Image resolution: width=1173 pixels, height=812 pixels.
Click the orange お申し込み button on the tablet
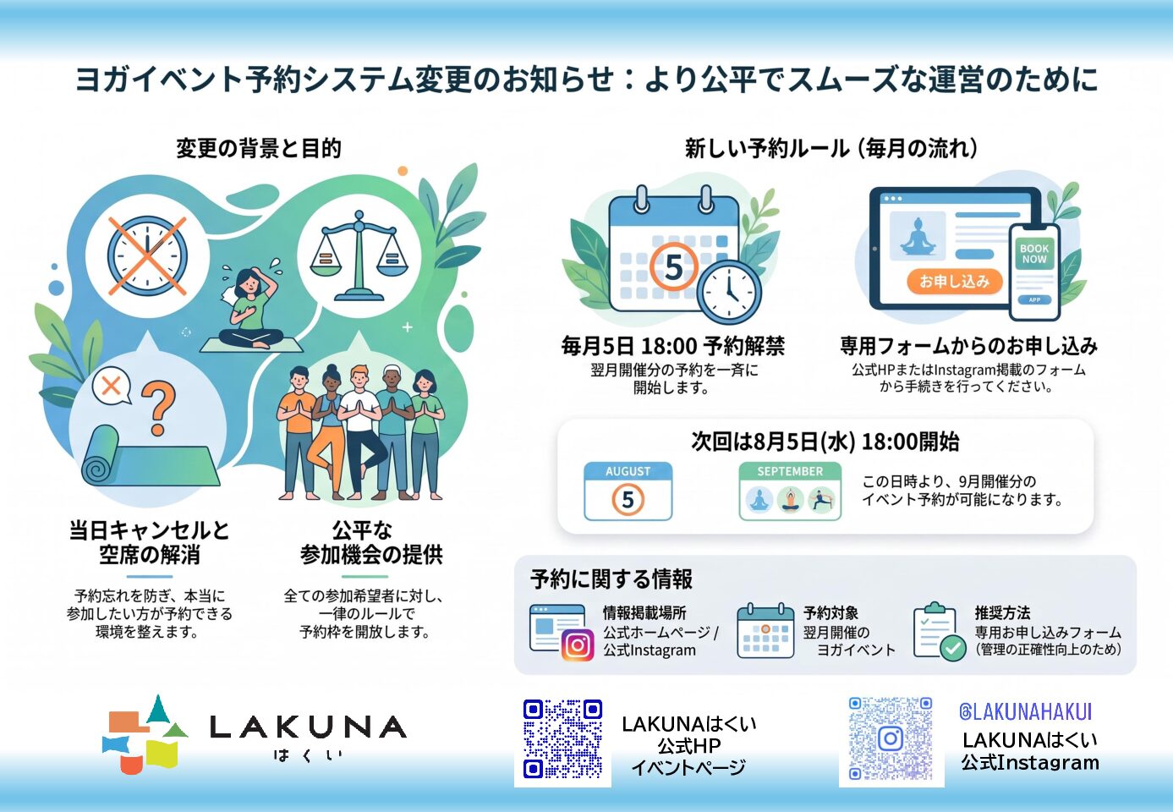(x=954, y=282)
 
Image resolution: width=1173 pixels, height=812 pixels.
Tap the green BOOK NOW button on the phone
(x=1034, y=254)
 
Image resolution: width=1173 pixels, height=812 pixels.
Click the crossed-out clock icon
(x=147, y=256)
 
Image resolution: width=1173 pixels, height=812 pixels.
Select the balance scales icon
(x=359, y=255)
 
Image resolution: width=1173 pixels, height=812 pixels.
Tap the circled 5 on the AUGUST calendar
(x=628, y=500)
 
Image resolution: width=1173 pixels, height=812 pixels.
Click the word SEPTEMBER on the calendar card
(x=790, y=471)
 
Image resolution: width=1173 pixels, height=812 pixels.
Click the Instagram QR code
(x=891, y=738)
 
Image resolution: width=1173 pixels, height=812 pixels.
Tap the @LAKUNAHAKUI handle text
(x=1025, y=711)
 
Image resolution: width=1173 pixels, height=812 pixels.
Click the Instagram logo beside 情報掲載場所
(x=578, y=645)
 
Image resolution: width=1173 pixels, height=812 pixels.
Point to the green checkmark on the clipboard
(x=952, y=648)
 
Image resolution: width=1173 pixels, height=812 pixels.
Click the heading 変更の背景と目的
(x=259, y=148)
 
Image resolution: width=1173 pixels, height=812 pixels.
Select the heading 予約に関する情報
(x=611, y=579)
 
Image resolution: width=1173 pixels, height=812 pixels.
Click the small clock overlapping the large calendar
(x=729, y=291)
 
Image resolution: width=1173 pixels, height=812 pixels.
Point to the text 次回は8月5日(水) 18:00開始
(x=825, y=442)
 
